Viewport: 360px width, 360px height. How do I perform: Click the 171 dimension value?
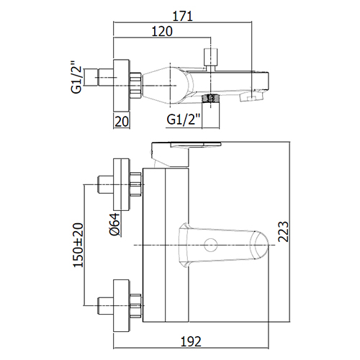coord(183,16)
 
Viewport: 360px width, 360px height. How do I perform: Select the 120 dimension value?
coord(162,31)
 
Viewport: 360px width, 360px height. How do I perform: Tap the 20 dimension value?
coord(122,122)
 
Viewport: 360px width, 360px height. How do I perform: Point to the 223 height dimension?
coord(283,231)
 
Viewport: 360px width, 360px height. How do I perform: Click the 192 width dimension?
coord(191,341)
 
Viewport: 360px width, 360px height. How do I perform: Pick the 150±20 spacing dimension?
coord(78,245)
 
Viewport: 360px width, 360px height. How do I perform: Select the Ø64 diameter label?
coord(114,224)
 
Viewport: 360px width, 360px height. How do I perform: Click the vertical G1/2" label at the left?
coord(76,77)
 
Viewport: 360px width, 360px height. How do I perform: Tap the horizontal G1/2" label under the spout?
coord(184,120)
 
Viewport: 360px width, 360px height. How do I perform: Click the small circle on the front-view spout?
coord(211,245)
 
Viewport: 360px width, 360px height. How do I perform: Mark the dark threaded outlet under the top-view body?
coord(211,98)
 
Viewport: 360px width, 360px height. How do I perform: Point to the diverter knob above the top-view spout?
coord(210,57)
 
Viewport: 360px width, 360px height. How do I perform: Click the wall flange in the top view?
coord(122,86)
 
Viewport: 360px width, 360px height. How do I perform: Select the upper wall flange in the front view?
coord(122,184)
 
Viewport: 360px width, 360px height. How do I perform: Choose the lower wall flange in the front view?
coord(122,305)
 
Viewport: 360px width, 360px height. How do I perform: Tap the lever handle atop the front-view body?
coord(182,153)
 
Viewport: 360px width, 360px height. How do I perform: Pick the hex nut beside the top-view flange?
coord(135,86)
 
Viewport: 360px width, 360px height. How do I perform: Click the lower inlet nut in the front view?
coord(135,305)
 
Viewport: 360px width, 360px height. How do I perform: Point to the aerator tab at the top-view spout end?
coord(251,96)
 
